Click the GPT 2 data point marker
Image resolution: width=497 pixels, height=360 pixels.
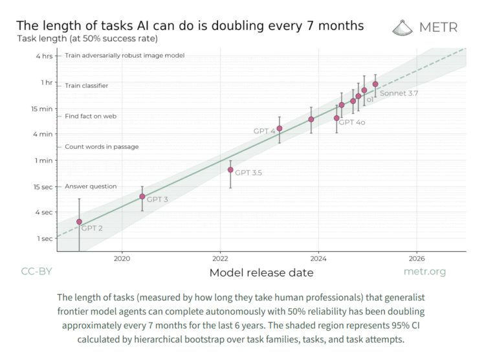click(x=80, y=222)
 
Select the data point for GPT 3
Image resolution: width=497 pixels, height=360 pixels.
click(x=142, y=196)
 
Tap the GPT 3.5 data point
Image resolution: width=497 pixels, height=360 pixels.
click(x=230, y=170)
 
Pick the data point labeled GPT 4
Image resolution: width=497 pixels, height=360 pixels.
click(x=280, y=128)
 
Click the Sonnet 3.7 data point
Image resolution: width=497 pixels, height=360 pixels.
click(x=375, y=84)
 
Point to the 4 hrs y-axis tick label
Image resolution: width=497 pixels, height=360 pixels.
click(x=44, y=56)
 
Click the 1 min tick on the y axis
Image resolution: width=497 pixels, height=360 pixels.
click(x=44, y=160)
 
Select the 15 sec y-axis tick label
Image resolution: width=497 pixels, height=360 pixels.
click(x=43, y=186)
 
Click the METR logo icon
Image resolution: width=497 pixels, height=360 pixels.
click(x=403, y=27)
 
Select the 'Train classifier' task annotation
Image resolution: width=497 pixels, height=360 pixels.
click(x=86, y=85)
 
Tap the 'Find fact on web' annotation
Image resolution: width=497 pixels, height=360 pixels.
click(x=91, y=116)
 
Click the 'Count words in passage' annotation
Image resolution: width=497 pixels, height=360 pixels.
click(x=102, y=147)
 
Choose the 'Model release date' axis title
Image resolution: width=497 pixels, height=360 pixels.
click(x=261, y=273)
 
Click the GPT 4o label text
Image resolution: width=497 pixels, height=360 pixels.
click(x=353, y=122)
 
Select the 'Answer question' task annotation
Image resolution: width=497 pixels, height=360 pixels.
click(x=91, y=186)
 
